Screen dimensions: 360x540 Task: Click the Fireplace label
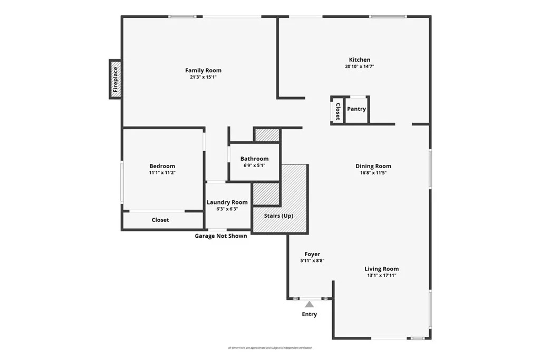coord(115,79)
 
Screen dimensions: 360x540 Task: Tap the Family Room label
coord(203,70)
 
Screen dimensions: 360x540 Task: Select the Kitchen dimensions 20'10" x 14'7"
coord(359,66)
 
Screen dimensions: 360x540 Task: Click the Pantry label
coord(356,109)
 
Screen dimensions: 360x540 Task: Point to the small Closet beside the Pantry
coord(337,111)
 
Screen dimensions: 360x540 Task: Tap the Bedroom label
coord(162,166)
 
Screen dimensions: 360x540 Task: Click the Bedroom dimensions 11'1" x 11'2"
coord(162,173)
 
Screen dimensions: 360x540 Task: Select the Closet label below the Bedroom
coord(160,220)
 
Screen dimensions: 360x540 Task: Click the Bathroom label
coord(254,159)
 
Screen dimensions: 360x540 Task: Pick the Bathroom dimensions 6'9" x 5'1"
coord(254,166)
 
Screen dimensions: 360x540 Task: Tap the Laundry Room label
coord(227,202)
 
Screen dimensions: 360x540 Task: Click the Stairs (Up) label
coord(279,216)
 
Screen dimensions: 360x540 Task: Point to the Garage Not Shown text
coord(221,236)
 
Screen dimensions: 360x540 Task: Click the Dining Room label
coord(373,166)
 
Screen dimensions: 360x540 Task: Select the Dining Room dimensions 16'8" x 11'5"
coord(373,173)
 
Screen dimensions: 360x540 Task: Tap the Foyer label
coord(312,254)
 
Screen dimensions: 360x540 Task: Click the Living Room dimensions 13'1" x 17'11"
coord(381,276)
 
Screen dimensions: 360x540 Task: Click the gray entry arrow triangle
coord(310,304)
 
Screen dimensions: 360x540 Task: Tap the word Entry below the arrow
coord(310,315)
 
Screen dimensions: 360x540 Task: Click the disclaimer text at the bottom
coord(270,348)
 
